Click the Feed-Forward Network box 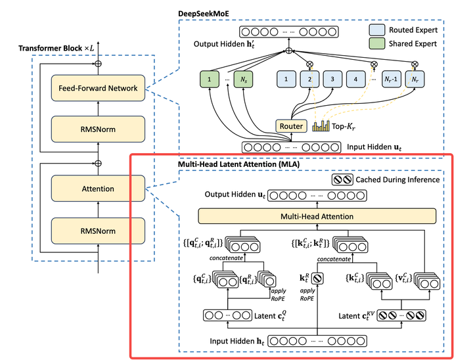click(97, 88)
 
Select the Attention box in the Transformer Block click(97, 189)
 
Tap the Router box click(291, 125)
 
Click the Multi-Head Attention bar click(317, 216)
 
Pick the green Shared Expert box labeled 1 click(210, 80)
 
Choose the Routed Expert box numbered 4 click(357, 80)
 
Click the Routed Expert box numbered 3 click(333, 80)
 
